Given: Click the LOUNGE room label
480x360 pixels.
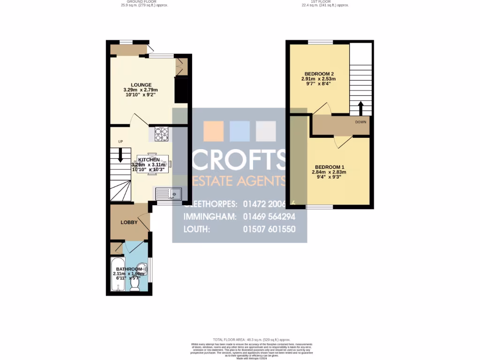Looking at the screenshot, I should (141, 85).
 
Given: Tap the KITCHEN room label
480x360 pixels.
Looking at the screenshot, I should (149, 160).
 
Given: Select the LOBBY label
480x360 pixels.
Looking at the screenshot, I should (129, 222).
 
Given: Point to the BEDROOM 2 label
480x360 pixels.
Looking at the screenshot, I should (319, 74).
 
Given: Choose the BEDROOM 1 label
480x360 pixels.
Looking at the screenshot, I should (329, 167).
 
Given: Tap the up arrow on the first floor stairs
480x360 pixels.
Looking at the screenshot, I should (360, 107).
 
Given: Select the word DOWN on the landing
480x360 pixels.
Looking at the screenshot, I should (360, 122).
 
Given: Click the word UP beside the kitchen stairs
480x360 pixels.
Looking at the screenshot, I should (120, 142).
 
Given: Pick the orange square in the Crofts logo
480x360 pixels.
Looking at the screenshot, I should (213, 131).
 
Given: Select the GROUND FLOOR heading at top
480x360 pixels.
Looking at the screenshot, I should (141, 2).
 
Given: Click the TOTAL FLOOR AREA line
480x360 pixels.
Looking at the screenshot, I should (252, 339).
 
